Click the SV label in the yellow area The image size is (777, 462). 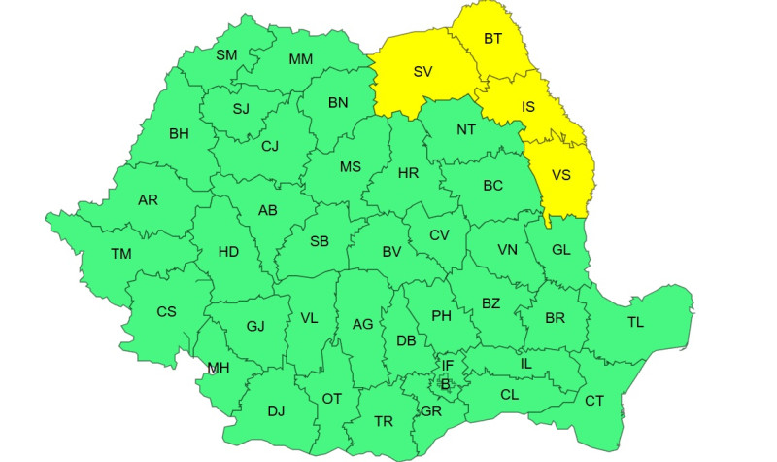422,71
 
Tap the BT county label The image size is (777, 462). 493,39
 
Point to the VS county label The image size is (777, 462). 561,175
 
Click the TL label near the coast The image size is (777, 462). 635,322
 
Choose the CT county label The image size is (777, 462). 594,400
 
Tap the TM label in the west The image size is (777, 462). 120,254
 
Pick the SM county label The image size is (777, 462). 226,54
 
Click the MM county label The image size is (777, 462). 301,59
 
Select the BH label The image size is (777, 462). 179,133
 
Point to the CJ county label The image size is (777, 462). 270,147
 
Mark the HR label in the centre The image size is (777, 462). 409,173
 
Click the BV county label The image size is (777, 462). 391,251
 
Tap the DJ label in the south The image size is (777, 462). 276,411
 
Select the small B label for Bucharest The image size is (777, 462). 446,384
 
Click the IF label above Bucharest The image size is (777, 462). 448,366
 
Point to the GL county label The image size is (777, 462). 561,249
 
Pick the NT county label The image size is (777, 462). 466,128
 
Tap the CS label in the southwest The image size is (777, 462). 167,311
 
